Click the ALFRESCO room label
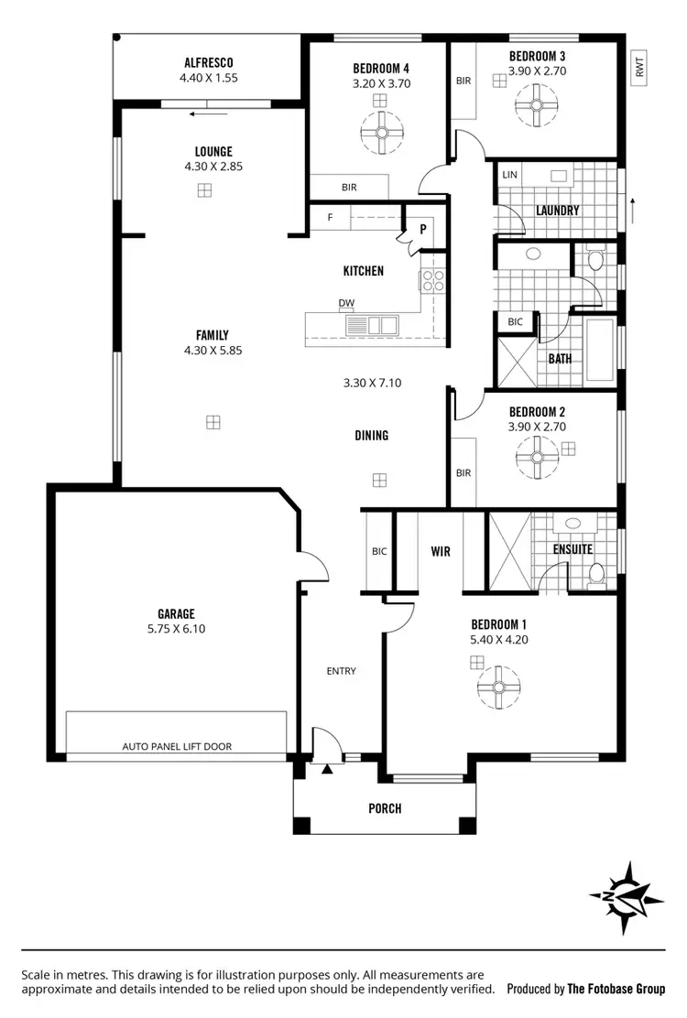click(209, 62)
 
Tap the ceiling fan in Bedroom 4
click(376, 131)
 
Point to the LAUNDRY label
click(557, 210)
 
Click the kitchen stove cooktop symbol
click(432, 280)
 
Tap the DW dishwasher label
click(346, 303)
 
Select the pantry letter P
click(423, 229)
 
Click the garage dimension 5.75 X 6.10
click(175, 629)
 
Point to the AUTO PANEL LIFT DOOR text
click(177, 746)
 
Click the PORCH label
click(385, 807)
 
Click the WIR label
click(441, 551)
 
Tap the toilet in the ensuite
click(596, 574)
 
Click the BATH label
click(560, 359)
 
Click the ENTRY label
click(341, 671)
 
